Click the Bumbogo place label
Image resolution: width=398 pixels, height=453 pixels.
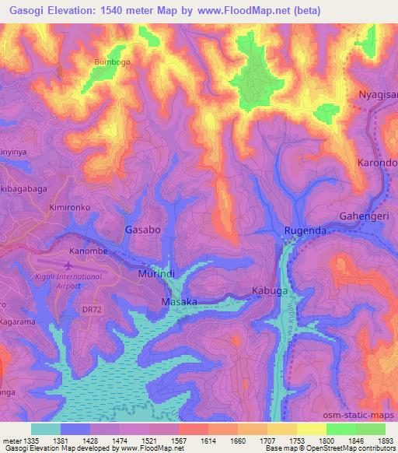pos(110,61)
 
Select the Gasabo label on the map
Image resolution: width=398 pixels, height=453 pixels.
pos(143,230)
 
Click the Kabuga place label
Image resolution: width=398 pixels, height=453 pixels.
pos(270,291)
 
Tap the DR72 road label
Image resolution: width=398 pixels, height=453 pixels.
pos(91,309)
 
